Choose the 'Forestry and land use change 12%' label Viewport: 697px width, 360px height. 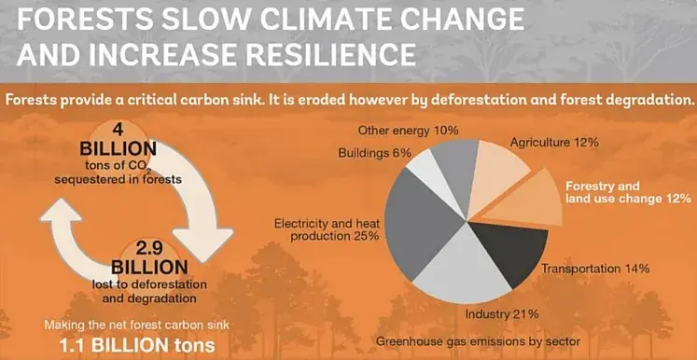click(x=627, y=191)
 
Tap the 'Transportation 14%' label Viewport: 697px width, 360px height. click(x=595, y=269)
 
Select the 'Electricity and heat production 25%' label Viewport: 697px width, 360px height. click(x=326, y=229)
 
